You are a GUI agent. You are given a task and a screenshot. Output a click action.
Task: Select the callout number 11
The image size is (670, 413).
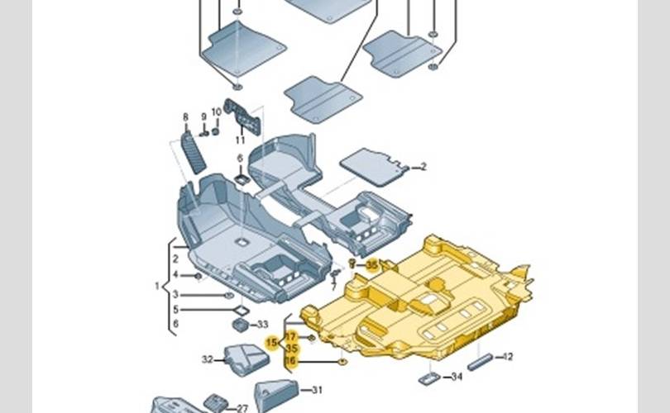[x=241, y=141]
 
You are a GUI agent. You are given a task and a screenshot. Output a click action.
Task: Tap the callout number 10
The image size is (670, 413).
[x=217, y=112]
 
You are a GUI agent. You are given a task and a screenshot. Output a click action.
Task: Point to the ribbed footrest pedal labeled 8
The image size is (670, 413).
[x=195, y=150]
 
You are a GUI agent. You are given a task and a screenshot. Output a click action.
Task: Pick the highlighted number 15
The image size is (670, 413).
[x=272, y=342]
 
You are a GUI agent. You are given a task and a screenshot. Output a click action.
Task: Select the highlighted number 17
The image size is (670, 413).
[x=291, y=337]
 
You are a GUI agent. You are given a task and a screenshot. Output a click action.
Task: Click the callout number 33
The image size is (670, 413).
[x=263, y=325]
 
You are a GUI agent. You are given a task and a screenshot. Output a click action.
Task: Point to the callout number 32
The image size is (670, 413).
[x=207, y=359]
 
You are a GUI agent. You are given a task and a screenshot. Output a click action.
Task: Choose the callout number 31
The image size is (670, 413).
[x=317, y=390]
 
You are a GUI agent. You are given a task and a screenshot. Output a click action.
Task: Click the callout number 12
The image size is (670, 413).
[x=508, y=357]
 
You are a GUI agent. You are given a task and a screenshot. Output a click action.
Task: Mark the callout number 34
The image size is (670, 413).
[x=457, y=377]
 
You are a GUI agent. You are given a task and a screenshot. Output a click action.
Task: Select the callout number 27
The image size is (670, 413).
[x=242, y=408]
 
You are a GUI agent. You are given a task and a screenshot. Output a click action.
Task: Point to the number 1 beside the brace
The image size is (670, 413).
[x=157, y=287]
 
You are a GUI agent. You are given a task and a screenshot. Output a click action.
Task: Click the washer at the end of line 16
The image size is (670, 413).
[x=341, y=362]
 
